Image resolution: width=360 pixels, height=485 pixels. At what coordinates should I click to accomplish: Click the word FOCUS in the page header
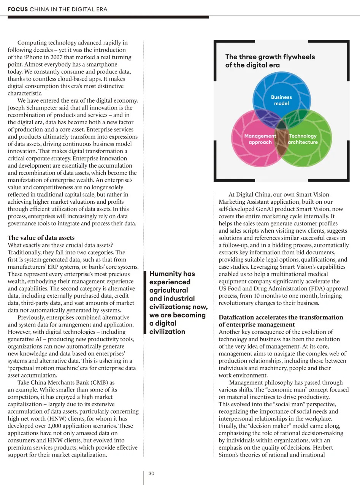coord(17,9)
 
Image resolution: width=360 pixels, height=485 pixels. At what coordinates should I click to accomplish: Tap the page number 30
coord(151,474)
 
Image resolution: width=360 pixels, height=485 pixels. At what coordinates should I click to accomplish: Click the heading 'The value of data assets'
coord(41,238)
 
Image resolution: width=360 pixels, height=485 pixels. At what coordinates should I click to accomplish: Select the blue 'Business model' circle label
coord(281,100)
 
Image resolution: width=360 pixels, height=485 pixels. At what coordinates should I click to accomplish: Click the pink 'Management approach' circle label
coord(260,139)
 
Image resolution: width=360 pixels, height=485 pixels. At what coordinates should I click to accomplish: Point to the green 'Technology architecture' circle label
coord(303,139)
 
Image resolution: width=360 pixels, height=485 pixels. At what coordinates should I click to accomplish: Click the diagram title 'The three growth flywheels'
coord(270,57)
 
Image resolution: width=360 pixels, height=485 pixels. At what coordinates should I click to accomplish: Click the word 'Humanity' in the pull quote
coord(166,274)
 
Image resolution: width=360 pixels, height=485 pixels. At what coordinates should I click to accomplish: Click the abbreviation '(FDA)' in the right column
coord(314,288)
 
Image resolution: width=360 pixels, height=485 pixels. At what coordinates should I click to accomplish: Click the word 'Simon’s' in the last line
coord(230,455)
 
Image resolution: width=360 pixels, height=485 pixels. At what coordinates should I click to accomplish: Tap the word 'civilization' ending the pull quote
coord(167,331)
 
